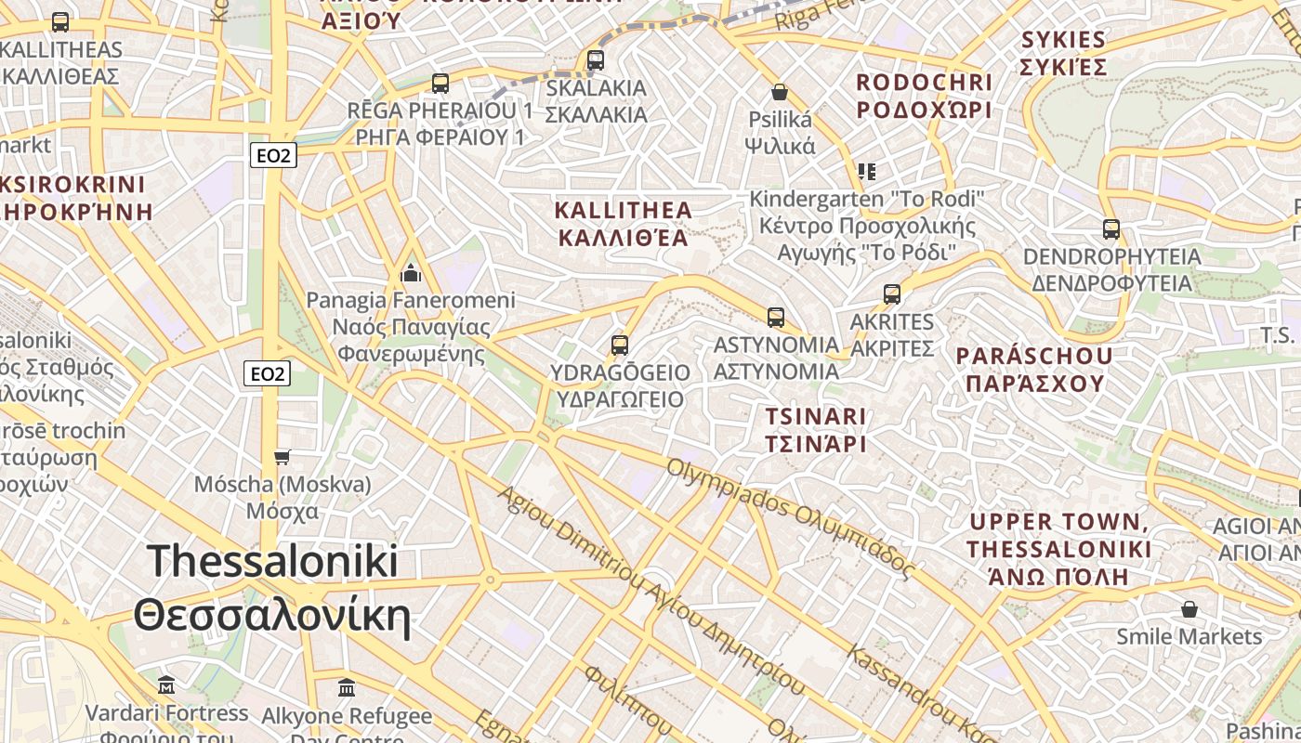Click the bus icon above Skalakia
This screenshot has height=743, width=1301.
[x=596, y=60]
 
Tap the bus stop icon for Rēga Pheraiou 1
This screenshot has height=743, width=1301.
[x=440, y=84]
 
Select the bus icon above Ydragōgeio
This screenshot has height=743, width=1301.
[x=620, y=345]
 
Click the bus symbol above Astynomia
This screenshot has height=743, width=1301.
[x=776, y=318]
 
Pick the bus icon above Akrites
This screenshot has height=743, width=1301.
[x=892, y=294]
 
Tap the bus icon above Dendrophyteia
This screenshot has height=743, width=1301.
[x=1110, y=228]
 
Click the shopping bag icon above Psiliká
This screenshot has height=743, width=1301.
[x=780, y=92]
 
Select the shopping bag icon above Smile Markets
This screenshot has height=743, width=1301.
[x=1189, y=609]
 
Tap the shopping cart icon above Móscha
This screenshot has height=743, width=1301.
[x=282, y=457]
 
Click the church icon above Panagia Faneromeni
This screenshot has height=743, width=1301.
[x=410, y=273]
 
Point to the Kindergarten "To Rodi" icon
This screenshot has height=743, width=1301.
[x=866, y=172]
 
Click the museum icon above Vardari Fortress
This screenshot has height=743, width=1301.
[x=166, y=685]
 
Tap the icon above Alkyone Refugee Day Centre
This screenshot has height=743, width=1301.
[x=347, y=688]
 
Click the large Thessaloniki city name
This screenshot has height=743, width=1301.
[x=272, y=588]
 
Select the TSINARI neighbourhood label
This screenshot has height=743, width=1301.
[x=815, y=430]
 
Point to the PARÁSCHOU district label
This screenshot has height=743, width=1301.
[x=1034, y=370]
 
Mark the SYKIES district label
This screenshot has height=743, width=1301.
[x=1064, y=53]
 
